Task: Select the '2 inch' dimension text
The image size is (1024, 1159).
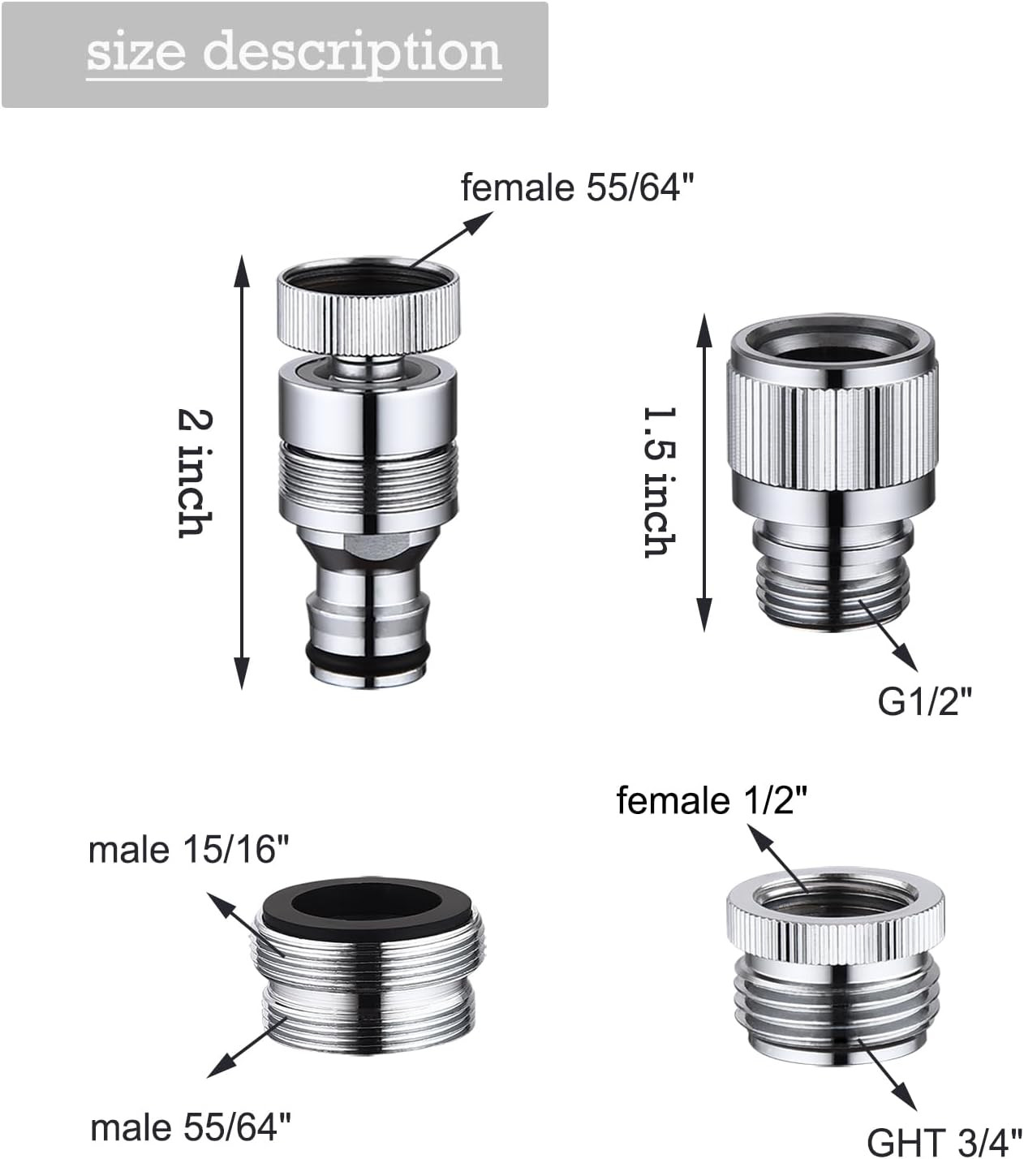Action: click(x=195, y=472)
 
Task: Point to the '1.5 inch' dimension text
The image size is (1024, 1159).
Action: click(x=660, y=482)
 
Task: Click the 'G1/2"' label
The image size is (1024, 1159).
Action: click(x=925, y=701)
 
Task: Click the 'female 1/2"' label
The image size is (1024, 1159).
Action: click(x=712, y=799)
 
